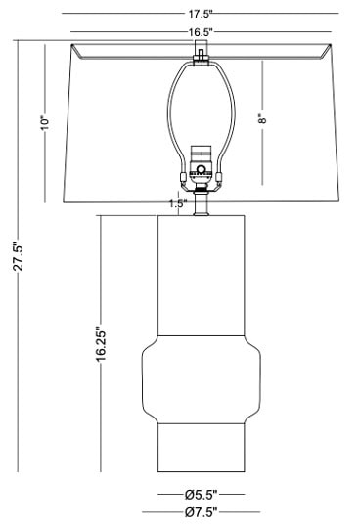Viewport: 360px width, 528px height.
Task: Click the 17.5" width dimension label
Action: pos(201,14)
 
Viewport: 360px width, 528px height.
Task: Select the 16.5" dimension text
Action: pos(201,32)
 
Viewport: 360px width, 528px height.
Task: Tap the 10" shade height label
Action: pos(45,123)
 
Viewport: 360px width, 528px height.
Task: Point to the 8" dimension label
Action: pos(262,119)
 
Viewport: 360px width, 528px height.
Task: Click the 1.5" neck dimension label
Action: pos(178,203)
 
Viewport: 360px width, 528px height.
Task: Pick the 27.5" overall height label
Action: pos(18,256)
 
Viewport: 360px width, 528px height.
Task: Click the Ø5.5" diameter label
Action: pos(202,495)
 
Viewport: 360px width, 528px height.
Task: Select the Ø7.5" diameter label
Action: pos(202,512)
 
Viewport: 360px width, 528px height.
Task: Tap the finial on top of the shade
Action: pos(202,53)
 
